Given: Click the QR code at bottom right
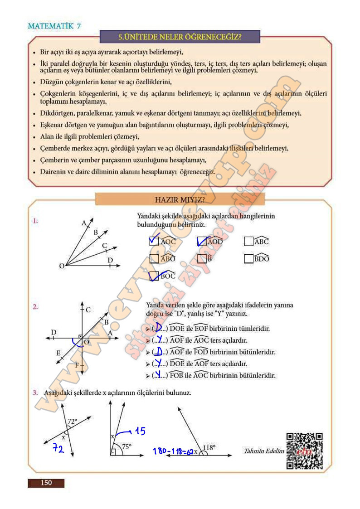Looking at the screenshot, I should tap(305, 451).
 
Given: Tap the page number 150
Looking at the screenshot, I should tap(46, 483).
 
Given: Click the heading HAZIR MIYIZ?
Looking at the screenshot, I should tap(180, 199).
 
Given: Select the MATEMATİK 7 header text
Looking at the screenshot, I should tap(54, 26).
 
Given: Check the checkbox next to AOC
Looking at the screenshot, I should tap(154, 241).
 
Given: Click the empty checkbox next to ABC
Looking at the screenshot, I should tap(248, 242).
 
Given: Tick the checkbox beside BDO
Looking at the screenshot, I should tap(248, 259).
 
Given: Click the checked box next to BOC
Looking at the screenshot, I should tap(154, 276).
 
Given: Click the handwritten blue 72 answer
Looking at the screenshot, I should tap(58, 449).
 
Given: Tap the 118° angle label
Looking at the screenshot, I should tap(209, 447).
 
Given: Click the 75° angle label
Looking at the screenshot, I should tap(126, 446).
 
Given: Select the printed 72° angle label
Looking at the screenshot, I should tap(72, 421).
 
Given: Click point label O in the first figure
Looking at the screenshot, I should tap(62, 267).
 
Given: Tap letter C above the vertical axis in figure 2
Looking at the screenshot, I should tap(88, 310).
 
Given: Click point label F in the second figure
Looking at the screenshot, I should tap(77, 365).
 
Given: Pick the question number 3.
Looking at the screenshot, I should tap(34, 393).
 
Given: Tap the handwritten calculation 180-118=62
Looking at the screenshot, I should tap(173, 451).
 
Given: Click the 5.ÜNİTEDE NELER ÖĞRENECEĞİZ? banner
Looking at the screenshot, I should tap(180, 37).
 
